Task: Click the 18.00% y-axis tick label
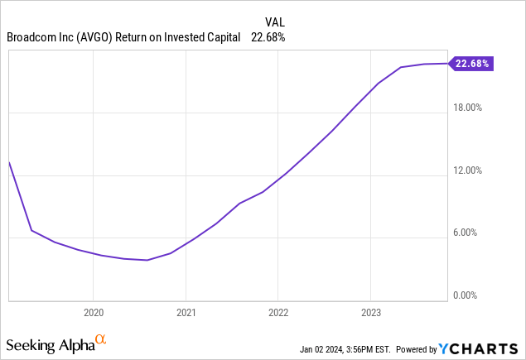[x=471, y=108]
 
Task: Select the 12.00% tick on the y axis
[x=471, y=170]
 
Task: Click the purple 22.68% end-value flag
[x=471, y=63]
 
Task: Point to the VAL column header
[x=275, y=22]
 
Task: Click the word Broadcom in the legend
[x=31, y=36]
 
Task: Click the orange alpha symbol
[x=100, y=339]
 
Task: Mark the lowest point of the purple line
[x=147, y=260]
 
